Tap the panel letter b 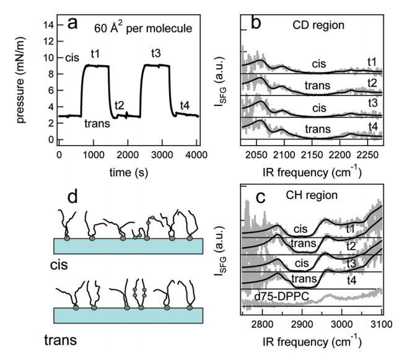pyautogui.click(x=256, y=22)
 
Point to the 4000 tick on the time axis pyautogui.click(x=196, y=154)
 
